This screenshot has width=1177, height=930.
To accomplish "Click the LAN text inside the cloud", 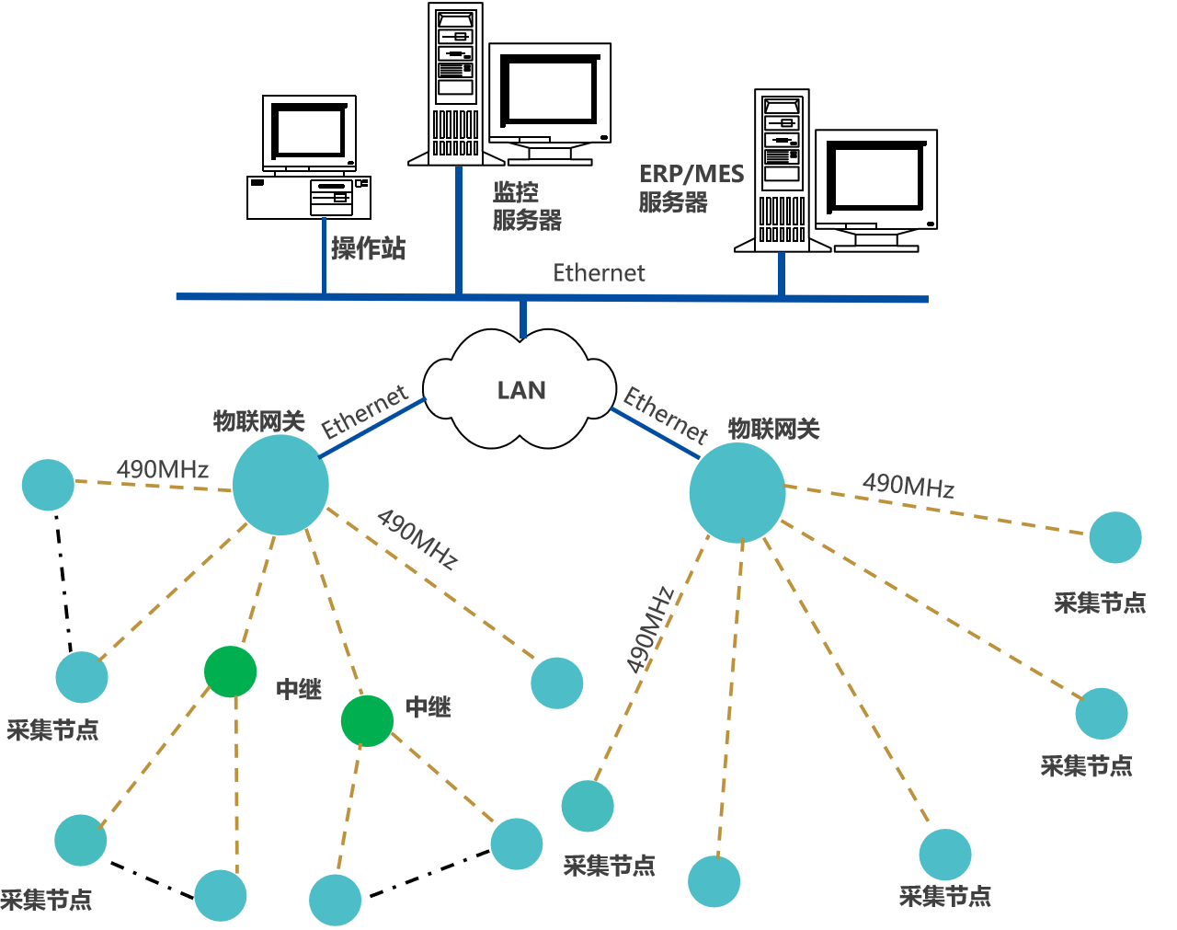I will point(521,391).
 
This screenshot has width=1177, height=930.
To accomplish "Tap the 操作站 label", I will point(368,248).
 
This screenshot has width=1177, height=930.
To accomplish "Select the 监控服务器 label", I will point(526,206).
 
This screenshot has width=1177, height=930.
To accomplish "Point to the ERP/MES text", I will point(691,174).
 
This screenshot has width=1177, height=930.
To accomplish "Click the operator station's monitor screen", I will point(310,132).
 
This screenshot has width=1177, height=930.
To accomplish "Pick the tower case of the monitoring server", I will point(455,83).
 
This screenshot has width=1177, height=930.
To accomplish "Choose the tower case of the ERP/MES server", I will point(782,170).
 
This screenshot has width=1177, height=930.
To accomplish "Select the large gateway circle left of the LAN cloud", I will point(280,485).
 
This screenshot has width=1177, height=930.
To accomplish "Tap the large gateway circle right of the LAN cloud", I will point(737,492).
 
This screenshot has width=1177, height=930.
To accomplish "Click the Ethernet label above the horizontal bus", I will point(599,273).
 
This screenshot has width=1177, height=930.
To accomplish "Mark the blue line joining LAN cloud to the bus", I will point(522,319).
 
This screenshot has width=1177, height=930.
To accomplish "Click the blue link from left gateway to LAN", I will point(372,428).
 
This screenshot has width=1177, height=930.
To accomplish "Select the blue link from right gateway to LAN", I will point(655,433).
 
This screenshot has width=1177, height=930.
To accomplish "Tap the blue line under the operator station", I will point(324,256).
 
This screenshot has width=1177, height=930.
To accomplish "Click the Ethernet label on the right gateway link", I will point(666,414).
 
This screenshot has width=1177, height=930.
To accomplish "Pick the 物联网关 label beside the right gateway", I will point(773,429).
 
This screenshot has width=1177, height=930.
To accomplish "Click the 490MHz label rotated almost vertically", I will point(651,630).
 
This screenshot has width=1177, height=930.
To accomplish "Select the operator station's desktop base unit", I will point(309,198).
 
